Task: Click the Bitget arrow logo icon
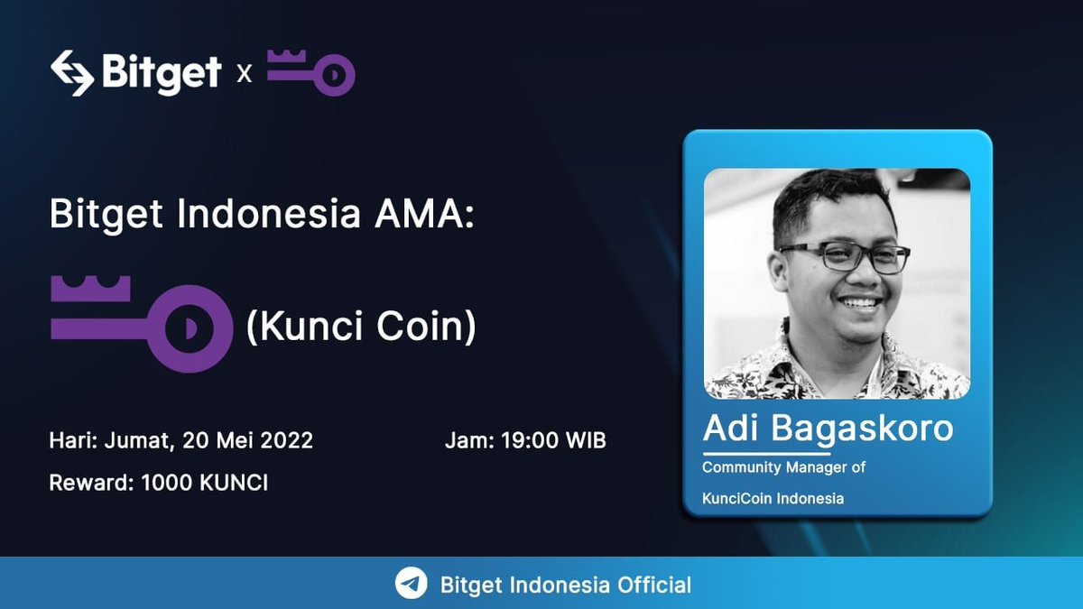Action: (72, 72)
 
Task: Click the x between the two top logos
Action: (244, 73)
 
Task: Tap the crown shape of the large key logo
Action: (90, 291)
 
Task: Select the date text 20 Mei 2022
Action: (247, 441)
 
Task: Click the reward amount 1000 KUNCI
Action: (205, 483)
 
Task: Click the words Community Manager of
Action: (784, 467)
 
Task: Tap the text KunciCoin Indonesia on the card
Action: (773, 498)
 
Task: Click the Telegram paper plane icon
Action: (412, 584)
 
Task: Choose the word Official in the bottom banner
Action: (654, 585)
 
